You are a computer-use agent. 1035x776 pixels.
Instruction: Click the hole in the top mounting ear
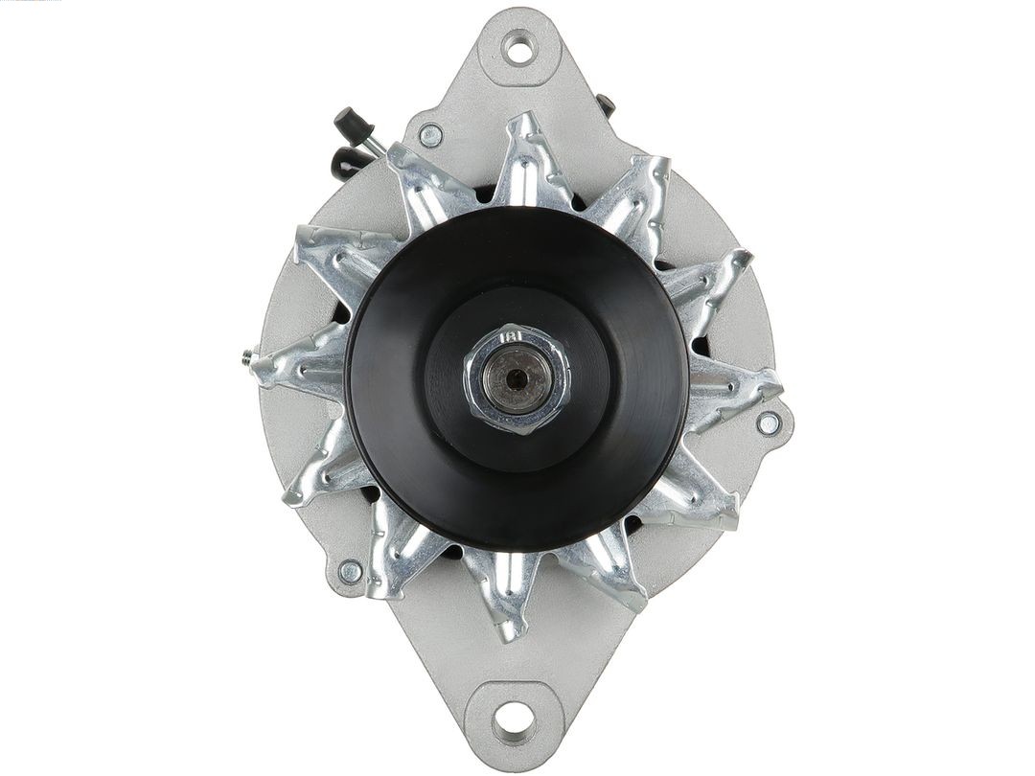coord(518,47)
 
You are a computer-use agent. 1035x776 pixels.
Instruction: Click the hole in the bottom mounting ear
coord(515,715)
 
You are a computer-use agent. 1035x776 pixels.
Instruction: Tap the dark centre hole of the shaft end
coord(517,377)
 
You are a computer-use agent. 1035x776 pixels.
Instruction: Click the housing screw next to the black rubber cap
coord(430,135)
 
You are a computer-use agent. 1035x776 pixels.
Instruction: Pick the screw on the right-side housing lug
coord(768,422)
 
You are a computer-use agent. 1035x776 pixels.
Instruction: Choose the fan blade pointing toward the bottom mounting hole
coord(508,594)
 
